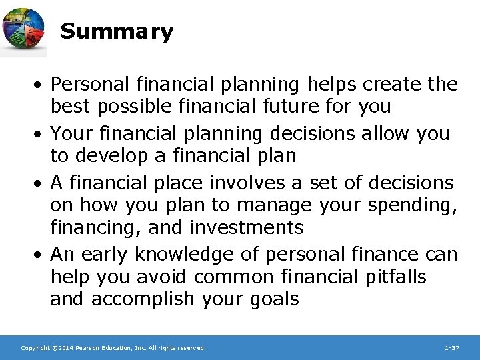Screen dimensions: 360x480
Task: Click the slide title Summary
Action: pyautogui.click(x=117, y=31)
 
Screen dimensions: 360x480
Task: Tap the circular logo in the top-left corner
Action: pyautogui.click(x=23, y=31)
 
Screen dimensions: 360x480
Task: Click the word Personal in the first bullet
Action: pyautogui.click(x=90, y=85)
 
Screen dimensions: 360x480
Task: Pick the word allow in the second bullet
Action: pyautogui.click(x=385, y=133)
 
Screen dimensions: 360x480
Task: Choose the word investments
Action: pyautogui.click(x=247, y=227)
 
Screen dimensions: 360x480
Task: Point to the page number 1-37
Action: pyautogui.click(x=451, y=348)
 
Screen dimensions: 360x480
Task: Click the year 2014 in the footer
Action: pyautogui.click(x=65, y=348)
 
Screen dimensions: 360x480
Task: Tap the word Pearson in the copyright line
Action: pyautogui.click(x=93, y=348)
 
